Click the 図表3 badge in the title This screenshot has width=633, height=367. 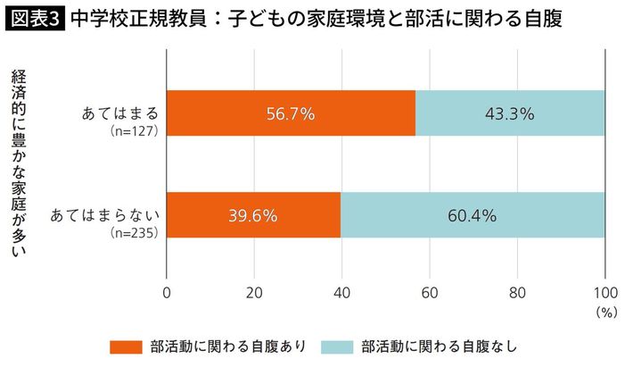tap(34, 18)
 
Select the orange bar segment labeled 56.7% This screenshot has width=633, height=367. tap(291, 113)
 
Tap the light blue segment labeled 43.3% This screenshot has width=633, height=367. tap(510, 113)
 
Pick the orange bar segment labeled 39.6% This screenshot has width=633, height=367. tap(253, 215)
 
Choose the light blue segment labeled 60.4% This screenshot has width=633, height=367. tap(473, 215)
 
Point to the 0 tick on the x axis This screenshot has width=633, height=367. tap(167, 292)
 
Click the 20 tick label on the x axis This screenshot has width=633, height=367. tap(254, 292)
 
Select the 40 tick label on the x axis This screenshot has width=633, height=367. tap(341, 292)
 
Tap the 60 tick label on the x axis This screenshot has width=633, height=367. tap(429, 292)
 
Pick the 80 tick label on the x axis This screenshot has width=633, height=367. tap(517, 292)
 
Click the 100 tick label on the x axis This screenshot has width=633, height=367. tap(604, 292)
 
